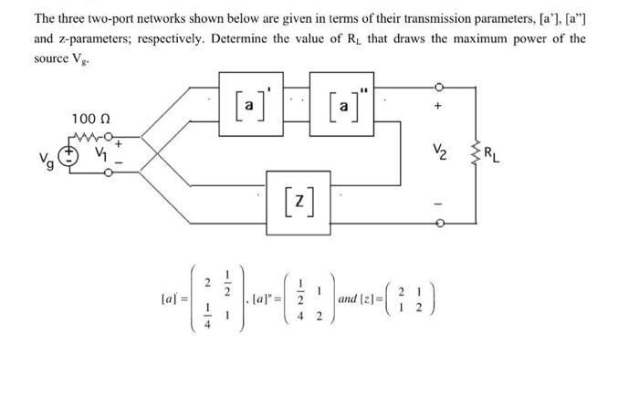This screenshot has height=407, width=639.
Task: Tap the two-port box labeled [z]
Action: [294, 194]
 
